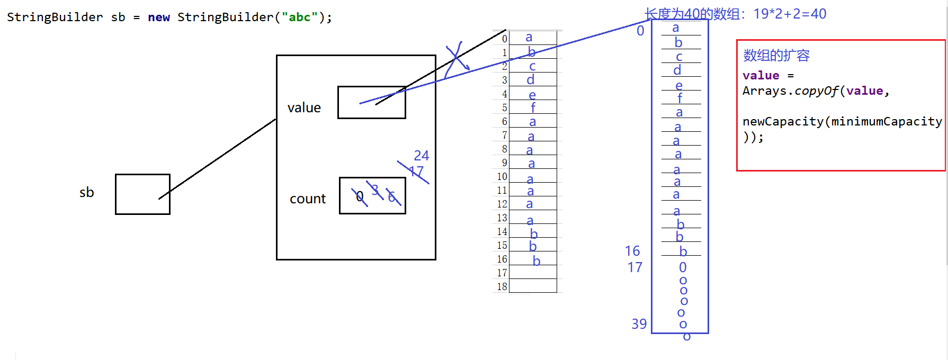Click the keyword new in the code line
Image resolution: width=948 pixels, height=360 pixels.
(x=159, y=17)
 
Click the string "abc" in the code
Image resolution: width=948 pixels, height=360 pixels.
(x=299, y=17)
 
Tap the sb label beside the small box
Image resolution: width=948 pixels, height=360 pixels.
(x=86, y=192)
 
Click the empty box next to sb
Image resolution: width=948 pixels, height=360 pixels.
(x=142, y=194)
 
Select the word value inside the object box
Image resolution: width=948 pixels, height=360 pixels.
(x=304, y=108)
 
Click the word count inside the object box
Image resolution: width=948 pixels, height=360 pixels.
(x=308, y=199)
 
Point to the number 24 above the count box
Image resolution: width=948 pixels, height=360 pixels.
(x=422, y=156)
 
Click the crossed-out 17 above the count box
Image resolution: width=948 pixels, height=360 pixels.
(x=416, y=172)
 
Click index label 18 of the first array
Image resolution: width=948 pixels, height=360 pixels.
(x=502, y=286)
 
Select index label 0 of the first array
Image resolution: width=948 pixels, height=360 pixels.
(x=504, y=39)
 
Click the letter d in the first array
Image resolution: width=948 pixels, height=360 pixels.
(x=530, y=80)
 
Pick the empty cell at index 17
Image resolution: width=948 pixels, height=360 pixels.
(x=532, y=273)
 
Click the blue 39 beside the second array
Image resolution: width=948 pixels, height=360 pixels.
(x=639, y=324)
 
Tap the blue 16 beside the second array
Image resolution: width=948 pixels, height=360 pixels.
(x=632, y=251)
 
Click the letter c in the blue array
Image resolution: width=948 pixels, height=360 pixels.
(x=679, y=57)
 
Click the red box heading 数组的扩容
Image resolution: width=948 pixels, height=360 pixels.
(x=776, y=56)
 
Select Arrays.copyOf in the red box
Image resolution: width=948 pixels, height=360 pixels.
(x=790, y=91)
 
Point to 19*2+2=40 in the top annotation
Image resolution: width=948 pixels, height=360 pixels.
(x=790, y=14)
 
